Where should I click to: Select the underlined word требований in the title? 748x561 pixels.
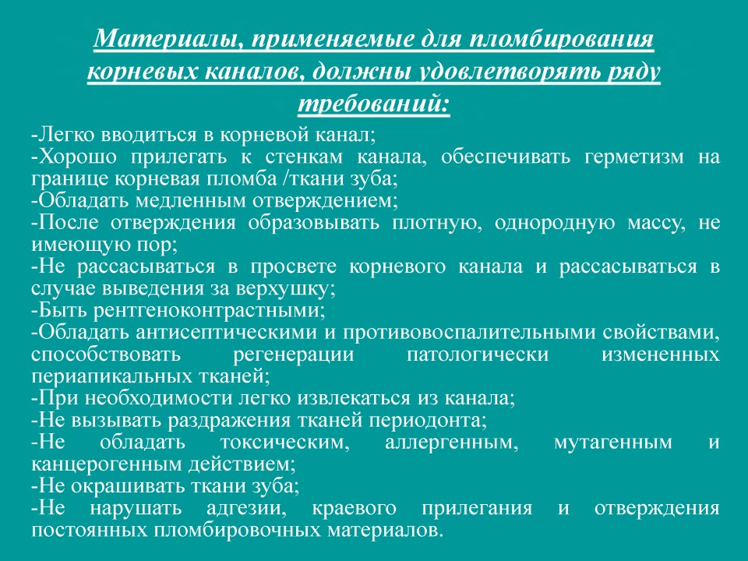pyautogui.click(x=373, y=104)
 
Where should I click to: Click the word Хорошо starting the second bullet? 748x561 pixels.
pyautogui.click(x=77, y=157)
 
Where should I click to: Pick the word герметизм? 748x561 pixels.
pyautogui.click(x=634, y=157)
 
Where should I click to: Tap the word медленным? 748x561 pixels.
pyautogui.click(x=191, y=200)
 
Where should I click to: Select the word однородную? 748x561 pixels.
pyautogui.click(x=554, y=223)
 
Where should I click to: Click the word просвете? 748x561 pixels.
pyautogui.click(x=294, y=266)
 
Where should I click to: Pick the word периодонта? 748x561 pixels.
pyautogui.click(x=432, y=420)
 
